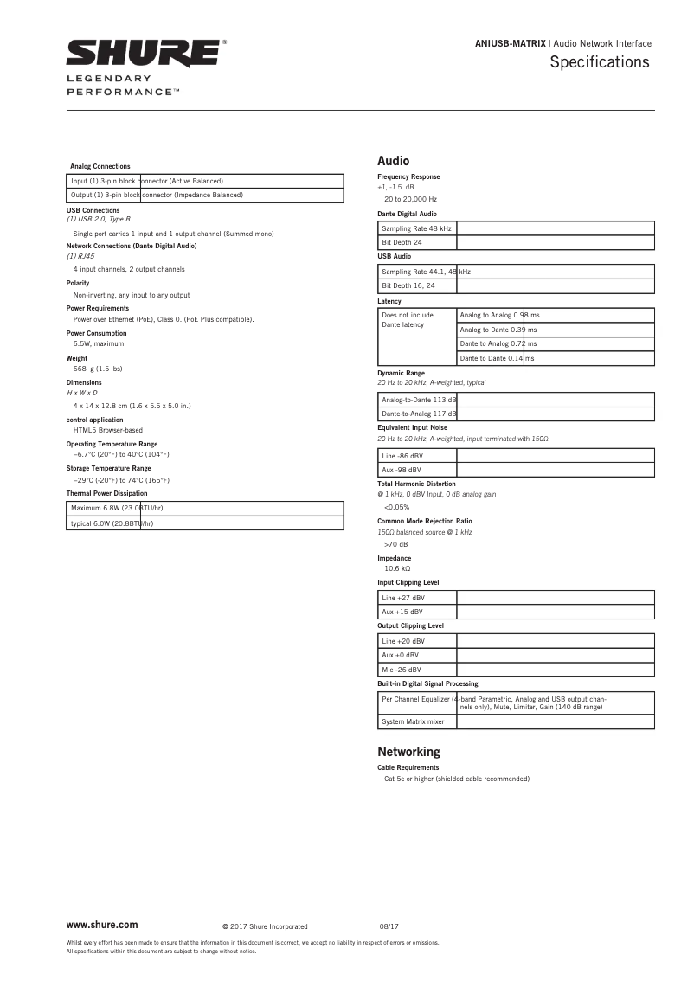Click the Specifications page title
(599, 62)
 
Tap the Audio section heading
(393, 161)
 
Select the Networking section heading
(408, 752)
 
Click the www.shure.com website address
(102, 925)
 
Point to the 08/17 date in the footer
(389, 926)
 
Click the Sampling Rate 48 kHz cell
(417, 228)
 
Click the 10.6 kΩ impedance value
(397, 568)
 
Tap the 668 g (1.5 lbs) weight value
(98, 369)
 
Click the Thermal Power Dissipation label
(107, 493)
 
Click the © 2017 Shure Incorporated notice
(265, 926)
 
